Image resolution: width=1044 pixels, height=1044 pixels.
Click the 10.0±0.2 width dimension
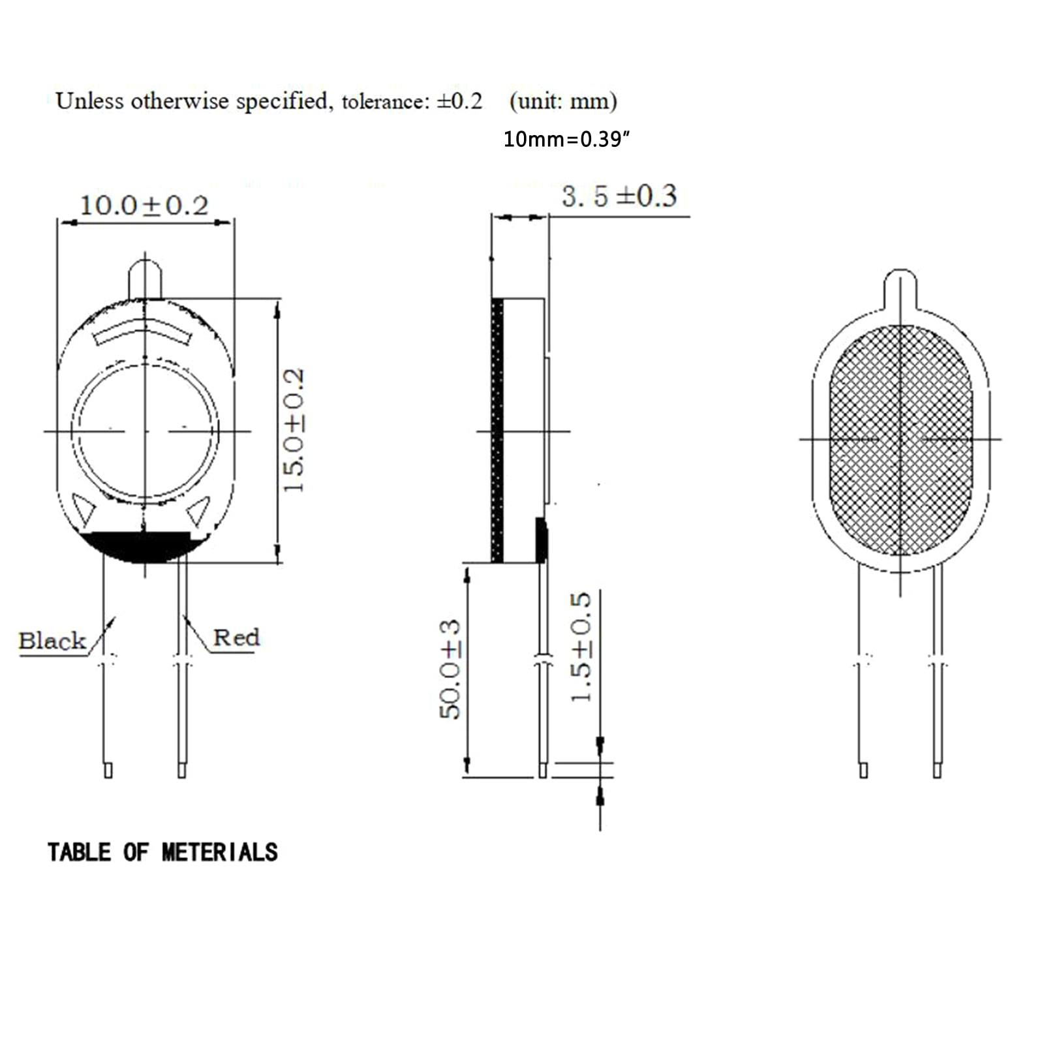[144, 206]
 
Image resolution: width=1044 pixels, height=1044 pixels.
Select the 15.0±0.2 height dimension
[294, 430]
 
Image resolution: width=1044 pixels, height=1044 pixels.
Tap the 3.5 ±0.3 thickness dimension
[619, 196]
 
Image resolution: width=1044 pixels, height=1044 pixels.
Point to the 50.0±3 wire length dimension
[450, 669]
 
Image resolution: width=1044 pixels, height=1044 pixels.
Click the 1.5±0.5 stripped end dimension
[581, 647]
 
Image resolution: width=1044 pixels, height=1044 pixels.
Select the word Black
[52, 641]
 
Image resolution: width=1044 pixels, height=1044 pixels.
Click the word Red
[236, 637]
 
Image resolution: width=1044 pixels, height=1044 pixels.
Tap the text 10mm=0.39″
[566, 139]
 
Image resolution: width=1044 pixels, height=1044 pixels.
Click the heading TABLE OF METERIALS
[162, 852]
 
